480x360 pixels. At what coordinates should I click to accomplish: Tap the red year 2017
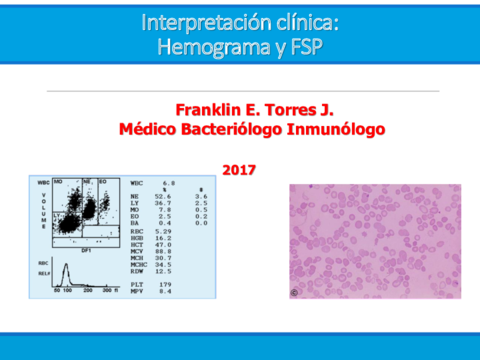239,169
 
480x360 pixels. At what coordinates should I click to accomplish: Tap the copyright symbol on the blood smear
295,293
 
